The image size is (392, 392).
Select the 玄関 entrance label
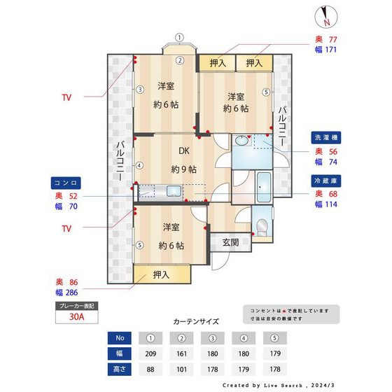[231, 242]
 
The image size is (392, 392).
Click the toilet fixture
[261, 227]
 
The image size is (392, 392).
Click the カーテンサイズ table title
[196, 322]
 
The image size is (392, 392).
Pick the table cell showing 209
[150, 353]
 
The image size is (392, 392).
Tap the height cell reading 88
[150, 369]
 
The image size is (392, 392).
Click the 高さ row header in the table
[119, 369]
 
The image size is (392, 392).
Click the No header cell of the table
[119, 338]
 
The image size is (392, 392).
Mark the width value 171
[329, 50]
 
